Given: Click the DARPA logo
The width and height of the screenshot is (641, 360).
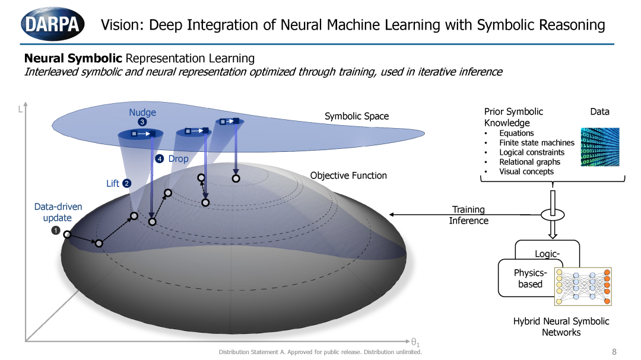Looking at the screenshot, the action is [52, 24].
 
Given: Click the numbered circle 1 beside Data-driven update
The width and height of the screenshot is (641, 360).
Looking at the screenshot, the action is [56, 231].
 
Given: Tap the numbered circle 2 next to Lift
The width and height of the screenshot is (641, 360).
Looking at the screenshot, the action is [127, 183].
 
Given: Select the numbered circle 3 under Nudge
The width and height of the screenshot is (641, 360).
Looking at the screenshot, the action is [142, 122].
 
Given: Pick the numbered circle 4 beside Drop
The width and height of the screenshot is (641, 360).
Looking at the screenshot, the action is [160, 158].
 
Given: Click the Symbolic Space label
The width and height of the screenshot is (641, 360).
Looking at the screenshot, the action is [357, 116].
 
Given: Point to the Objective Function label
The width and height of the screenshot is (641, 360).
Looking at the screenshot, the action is [348, 176].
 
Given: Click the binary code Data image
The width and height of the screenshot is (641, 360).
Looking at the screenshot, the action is [599, 146].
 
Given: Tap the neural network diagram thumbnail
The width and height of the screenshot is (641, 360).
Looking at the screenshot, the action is [583, 286].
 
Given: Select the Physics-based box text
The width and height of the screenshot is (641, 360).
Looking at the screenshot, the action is [530, 278].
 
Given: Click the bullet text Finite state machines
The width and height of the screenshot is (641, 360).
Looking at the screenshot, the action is [537, 142].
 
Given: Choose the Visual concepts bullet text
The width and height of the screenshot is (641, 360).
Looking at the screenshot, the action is [526, 171].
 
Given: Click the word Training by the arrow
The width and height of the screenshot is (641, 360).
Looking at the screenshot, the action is [468, 209].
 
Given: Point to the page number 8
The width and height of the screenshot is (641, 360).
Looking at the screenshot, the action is [614, 352].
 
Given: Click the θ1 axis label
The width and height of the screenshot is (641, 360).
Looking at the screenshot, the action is [415, 342].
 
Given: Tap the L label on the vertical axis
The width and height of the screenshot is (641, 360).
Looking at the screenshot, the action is [20, 109].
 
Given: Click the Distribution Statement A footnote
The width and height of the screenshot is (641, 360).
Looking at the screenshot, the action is [320, 352].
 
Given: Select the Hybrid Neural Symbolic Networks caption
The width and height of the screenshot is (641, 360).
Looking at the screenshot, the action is [561, 327].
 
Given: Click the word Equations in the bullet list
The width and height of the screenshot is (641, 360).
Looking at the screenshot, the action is [516, 133].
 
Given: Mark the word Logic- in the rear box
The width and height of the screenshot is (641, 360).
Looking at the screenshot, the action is [547, 254].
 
